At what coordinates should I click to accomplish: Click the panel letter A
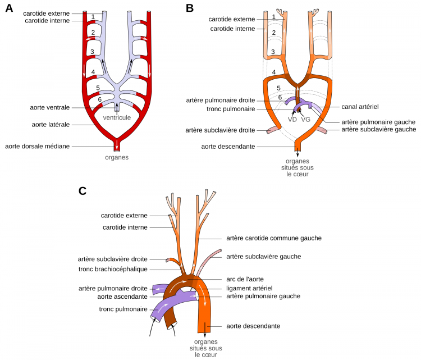pyautogui.click(x=9, y=8)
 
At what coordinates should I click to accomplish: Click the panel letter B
pyautogui.click(x=190, y=8)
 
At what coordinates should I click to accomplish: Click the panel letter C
pyautogui.click(x=83, y=191)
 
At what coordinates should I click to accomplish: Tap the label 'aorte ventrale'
pyautogui.click(x=49, y=107)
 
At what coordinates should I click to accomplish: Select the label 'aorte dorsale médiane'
pyautogui.click(x=37, y=147)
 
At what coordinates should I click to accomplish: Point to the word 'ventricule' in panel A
pyautogui.click(x=117, y=117)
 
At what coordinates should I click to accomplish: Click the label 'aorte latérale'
pyautogui.click(x=51, y=125)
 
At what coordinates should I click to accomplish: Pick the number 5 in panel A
pyautogui.click(x=98, y=88)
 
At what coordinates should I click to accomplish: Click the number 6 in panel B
pyautogui.click(x=280, y=97)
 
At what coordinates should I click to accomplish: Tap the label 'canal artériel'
pyautogui.click(x=360, y=107)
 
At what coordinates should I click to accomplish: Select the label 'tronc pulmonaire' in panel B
pyautogui.click(x=231, y=109)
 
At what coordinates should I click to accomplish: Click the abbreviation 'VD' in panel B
pyautogui.click(x=292, y=119)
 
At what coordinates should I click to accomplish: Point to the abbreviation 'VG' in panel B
pyautogui.click(x=305, y=119)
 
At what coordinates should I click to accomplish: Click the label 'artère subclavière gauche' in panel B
pyautogui.click(x=378, y=130)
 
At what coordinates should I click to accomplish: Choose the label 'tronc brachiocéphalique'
pyautogui.click(x=113, y=269)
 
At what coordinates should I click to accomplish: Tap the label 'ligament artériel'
pyautogui.click(x=249, y=288)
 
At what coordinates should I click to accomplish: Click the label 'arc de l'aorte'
pyautogui.click(x=245, y=279)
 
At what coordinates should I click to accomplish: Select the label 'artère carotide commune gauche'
pyautogui.click(x=274, y=238)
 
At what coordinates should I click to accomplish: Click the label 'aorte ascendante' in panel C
pyautogui.click(x=122, y=297)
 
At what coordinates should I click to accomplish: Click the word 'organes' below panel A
pyautogui.click(x=117, y=157)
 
